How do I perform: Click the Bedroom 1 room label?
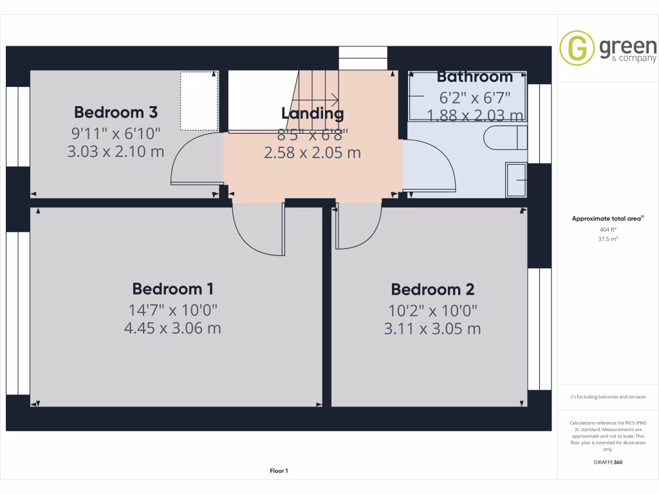coord(172,288)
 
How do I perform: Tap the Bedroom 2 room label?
coord(432,289)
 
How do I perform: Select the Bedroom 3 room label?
coord(116,112)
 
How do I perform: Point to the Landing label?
coord(313,114)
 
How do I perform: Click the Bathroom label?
coord(475,77)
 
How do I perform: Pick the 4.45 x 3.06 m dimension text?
coord(172,328)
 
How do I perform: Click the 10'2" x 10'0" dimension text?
coord(432,311)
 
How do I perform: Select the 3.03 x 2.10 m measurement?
coord(116,152)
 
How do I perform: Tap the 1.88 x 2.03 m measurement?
coord(475,116)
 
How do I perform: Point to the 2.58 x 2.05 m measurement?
coord(313,153)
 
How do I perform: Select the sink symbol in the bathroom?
coord(517,179)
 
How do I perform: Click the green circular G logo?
coord(577,49)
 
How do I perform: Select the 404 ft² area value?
coord(608,229)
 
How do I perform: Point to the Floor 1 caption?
coord(279,471)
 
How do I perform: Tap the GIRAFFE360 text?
coord(608,462)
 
